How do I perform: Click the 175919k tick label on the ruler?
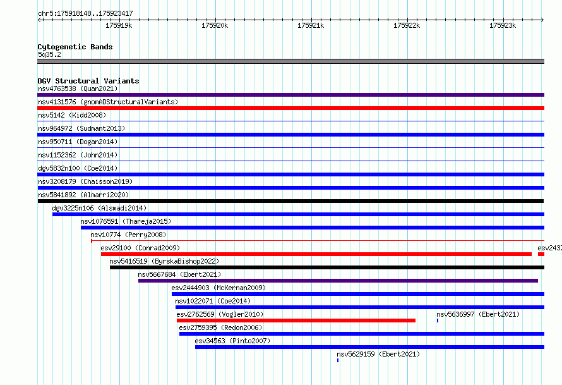point(119,25)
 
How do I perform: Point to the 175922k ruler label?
point(407,25)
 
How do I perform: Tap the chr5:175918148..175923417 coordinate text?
point(85,14)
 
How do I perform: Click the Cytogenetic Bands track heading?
point(75,47)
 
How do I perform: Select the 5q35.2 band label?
point(49,54)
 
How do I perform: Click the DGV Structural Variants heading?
point(88,81)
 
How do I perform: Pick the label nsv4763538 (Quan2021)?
point(78,89)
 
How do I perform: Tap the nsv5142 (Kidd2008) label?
point(72,115)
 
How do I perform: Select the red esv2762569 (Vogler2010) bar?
point(296,321)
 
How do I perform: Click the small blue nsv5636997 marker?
point(437,321)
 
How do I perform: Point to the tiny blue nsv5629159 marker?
point(338,360)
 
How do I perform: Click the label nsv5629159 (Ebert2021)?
point(378,354)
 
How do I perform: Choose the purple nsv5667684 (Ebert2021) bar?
point(338,281)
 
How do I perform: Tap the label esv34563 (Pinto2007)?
point(232,341)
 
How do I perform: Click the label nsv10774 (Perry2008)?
point(128,235)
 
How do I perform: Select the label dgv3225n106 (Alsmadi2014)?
point(99,208)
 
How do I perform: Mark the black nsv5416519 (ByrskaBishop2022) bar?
point(327,267)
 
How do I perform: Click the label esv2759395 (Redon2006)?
point(220,327)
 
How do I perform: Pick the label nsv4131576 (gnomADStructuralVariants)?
point(108,102)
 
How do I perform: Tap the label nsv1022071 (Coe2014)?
point(213,301)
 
